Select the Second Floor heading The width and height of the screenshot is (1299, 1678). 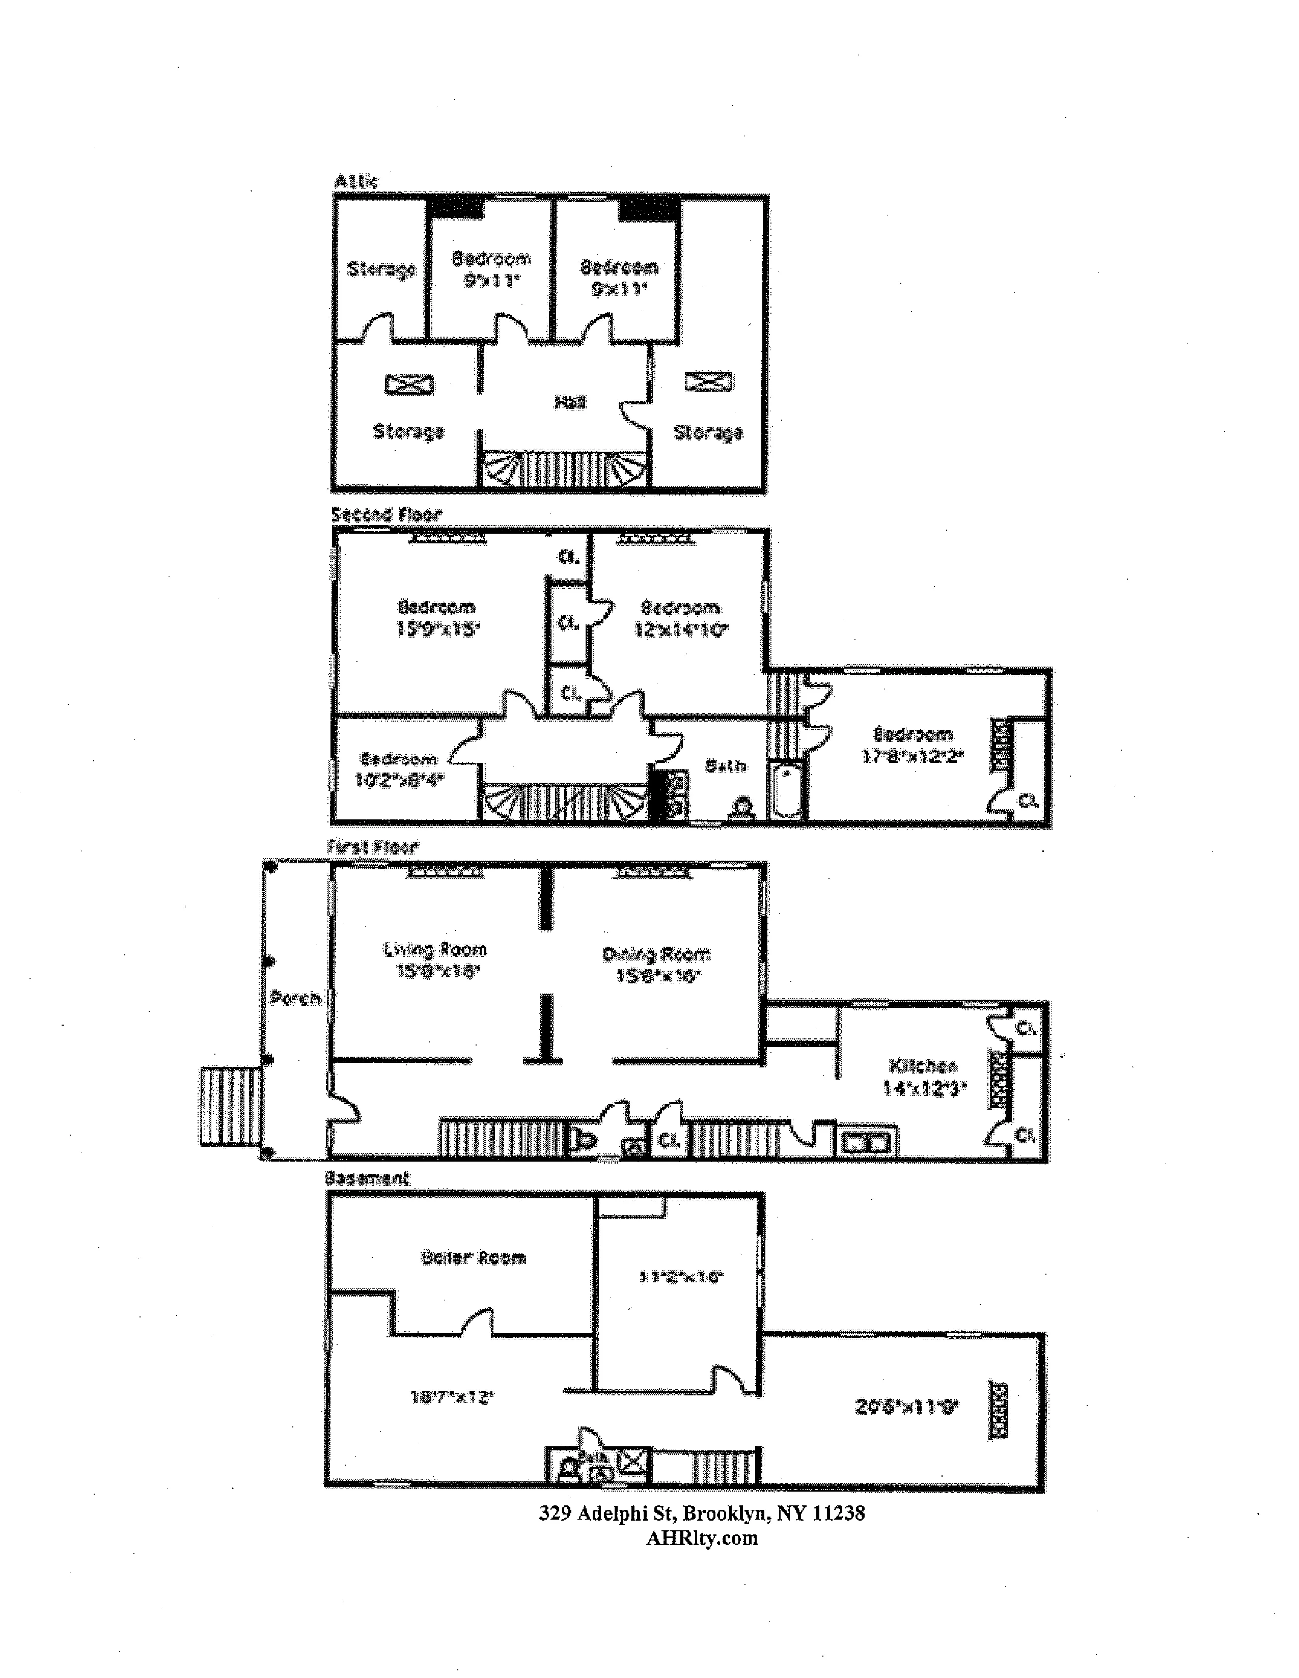[386, 514]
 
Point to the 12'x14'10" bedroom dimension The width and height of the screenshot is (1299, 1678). [681, 631]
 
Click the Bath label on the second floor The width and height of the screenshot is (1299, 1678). [725, 766]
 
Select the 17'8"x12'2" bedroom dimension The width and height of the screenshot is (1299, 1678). [913, 755]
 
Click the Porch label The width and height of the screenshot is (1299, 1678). [295, 999]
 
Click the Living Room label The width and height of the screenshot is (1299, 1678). [435, 950]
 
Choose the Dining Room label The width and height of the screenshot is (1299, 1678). [656, 954]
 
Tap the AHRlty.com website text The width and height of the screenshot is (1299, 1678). [701, 1537]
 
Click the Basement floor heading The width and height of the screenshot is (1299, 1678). [367, 1178]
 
